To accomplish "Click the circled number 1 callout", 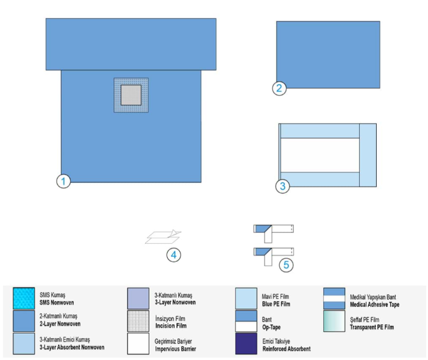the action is click(63, 181).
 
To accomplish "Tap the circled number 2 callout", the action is click(279, 88).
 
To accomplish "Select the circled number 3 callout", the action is click(282, 186).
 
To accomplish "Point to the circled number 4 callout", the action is click(174, 255).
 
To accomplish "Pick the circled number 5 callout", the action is click(286, 265).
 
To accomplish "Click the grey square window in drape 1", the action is click(131, 95).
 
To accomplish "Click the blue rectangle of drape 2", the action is click(328, 55).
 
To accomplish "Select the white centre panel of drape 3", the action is click(320, 155).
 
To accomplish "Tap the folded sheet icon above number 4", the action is click(163, 237).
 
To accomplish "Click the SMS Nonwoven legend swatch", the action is click(24, 298).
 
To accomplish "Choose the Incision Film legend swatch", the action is click(138, 321).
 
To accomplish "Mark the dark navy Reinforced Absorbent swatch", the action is click(246, 344).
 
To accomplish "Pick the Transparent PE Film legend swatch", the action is click(334, 321).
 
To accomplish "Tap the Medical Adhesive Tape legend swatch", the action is click(334, 298).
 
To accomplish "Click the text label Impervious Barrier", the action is click(176, 349).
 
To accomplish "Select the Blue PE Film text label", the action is click(276, 304).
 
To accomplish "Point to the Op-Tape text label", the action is click(271, 327).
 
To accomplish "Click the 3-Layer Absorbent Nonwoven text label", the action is click(72, 347).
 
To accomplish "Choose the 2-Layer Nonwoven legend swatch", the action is click(24, 321).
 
